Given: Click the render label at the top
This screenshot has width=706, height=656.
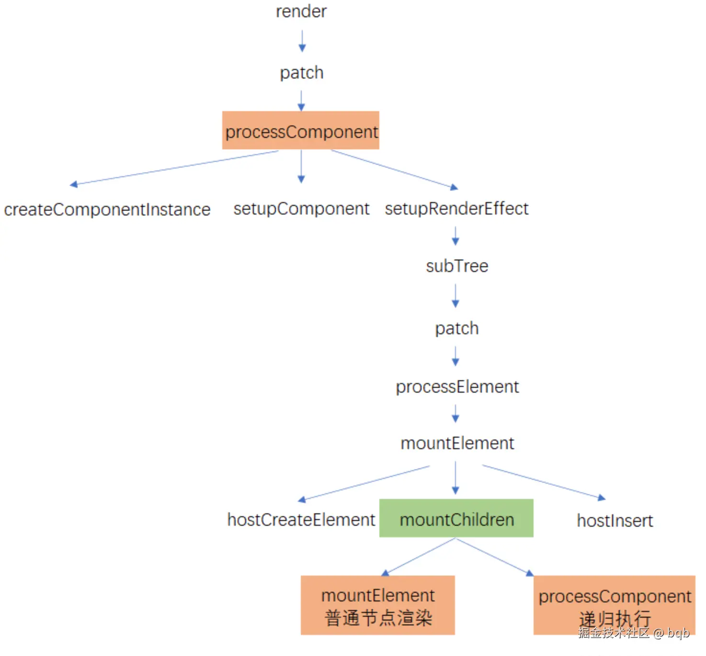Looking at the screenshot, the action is [301, 11].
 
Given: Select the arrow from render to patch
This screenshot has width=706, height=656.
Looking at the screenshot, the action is [302, 41].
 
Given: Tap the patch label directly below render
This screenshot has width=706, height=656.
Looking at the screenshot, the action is [302, 73].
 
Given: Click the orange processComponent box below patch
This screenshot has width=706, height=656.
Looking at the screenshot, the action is [301, 130].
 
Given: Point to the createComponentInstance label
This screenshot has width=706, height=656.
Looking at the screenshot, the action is [107, 209].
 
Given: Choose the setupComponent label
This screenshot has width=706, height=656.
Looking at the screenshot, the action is [301, 209].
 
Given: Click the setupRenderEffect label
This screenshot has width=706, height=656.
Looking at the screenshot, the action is [457, 209].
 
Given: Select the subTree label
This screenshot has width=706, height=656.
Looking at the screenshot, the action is [457, 266].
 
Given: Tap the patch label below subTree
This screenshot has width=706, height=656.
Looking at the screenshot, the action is [457, 328].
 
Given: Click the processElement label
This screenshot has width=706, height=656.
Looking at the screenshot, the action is [457, 387].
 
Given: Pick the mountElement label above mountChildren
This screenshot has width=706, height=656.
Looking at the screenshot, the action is [457, 443].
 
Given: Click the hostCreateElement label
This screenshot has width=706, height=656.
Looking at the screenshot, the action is [301, 520].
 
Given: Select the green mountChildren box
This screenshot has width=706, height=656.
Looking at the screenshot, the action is [456, 518].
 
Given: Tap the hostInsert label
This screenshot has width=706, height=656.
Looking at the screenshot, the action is [615, 521].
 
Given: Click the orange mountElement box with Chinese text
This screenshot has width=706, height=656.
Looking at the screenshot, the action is [378, 605].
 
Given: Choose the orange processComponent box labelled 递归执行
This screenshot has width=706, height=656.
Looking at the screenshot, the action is [615, 605].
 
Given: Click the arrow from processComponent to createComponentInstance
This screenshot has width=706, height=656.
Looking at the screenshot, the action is [174, 168].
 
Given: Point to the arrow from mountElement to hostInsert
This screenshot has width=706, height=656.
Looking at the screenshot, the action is [544, 482].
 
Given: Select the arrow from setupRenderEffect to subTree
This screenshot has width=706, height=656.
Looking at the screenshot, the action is [455, 236].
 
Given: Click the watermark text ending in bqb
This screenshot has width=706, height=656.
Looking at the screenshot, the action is [634, 633].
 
